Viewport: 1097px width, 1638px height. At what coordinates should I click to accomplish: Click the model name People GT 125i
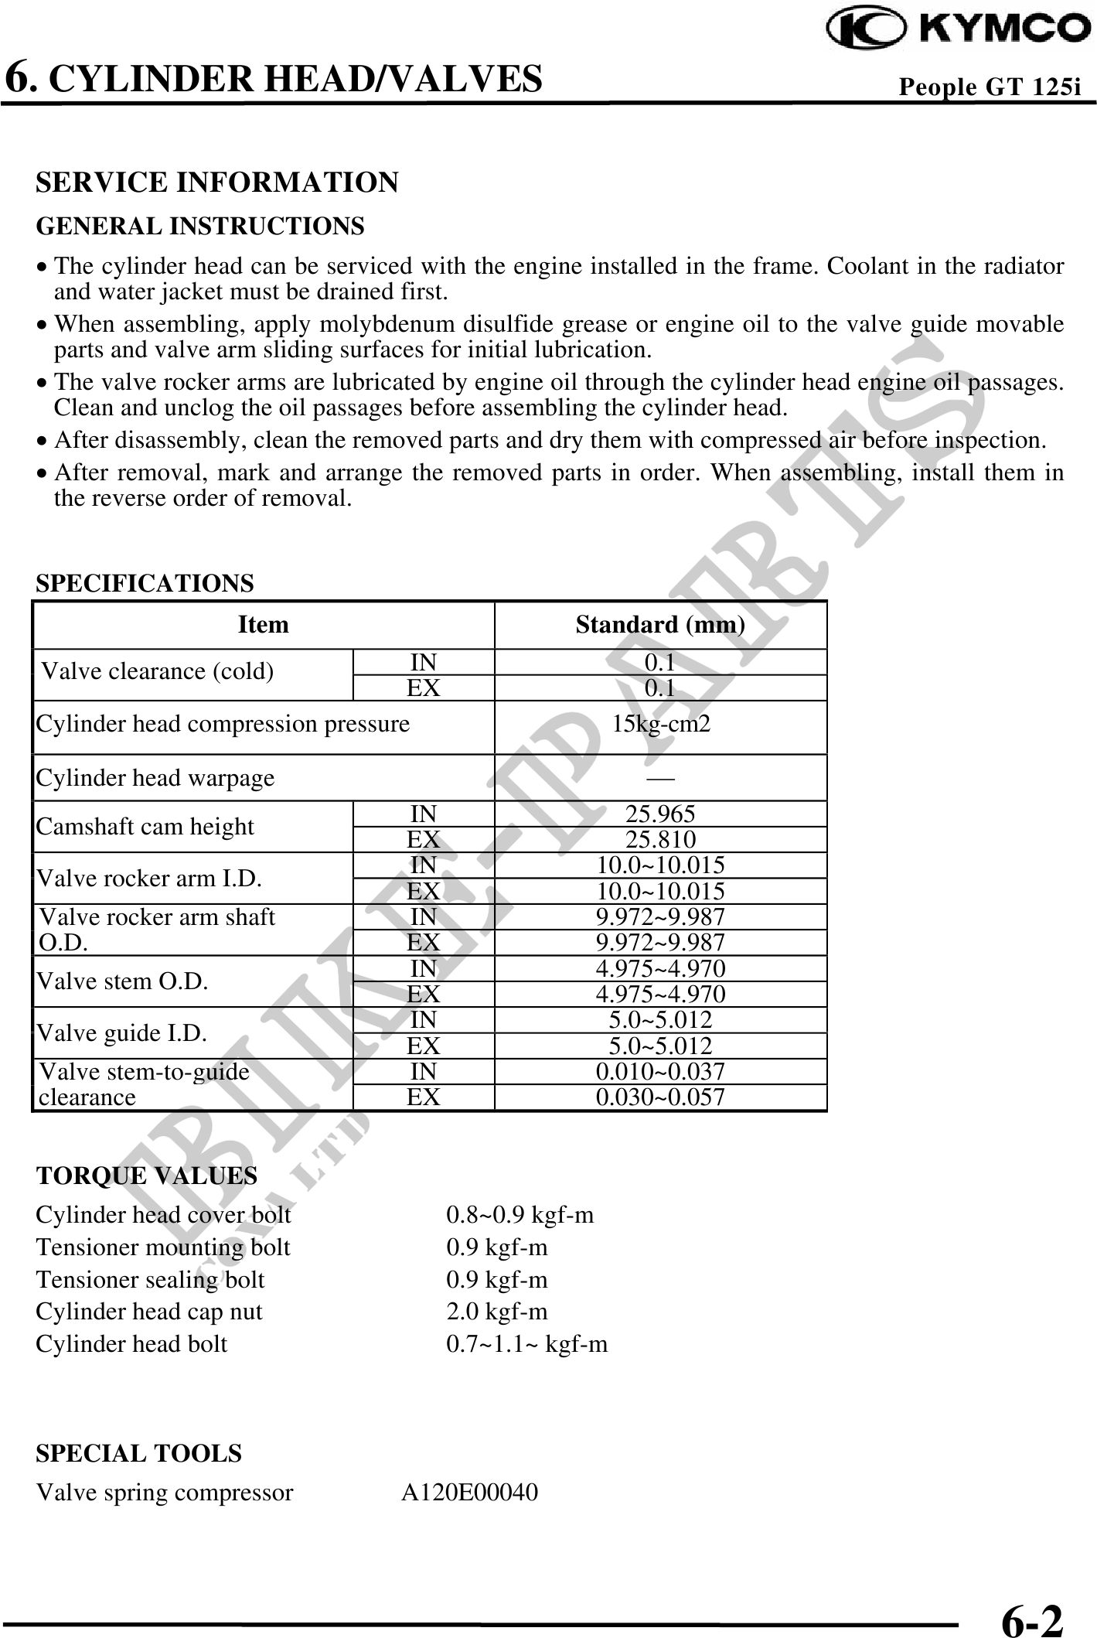pos(989,87)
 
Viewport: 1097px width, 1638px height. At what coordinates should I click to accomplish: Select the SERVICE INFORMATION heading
pos(217,183)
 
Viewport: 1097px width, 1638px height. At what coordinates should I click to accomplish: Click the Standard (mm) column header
pos(660,624)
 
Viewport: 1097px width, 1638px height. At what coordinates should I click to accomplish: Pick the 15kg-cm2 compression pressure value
pos(660,725)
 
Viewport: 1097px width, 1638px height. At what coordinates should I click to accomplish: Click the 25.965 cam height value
pos(660,814)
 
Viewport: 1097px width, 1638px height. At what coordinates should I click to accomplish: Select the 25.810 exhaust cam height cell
pos(660,839)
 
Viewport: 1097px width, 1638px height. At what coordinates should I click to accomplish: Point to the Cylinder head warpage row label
pos(155,777)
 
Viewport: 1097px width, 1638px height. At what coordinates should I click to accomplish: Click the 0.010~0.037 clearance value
pos(660,1071)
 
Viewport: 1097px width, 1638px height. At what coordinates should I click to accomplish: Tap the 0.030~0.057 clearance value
pos(660,1097)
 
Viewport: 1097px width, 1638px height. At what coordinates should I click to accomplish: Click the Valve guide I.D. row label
pos(122,1032)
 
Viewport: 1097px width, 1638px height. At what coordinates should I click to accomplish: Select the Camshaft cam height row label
pos(145,827)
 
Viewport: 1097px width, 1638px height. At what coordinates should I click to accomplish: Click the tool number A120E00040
pos(469,1492)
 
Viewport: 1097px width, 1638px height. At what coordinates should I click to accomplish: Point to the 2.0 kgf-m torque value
pos(497,1312)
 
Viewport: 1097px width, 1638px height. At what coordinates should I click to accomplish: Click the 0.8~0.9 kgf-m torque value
pos(520,1215)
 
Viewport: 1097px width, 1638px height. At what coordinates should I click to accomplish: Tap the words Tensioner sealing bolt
pos(151,1280)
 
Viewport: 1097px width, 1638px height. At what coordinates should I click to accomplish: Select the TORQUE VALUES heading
pos(147,1176)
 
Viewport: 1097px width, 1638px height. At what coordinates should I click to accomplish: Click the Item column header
pos(263,624)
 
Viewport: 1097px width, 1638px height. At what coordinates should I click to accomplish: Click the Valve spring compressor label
pos(165,1492)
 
